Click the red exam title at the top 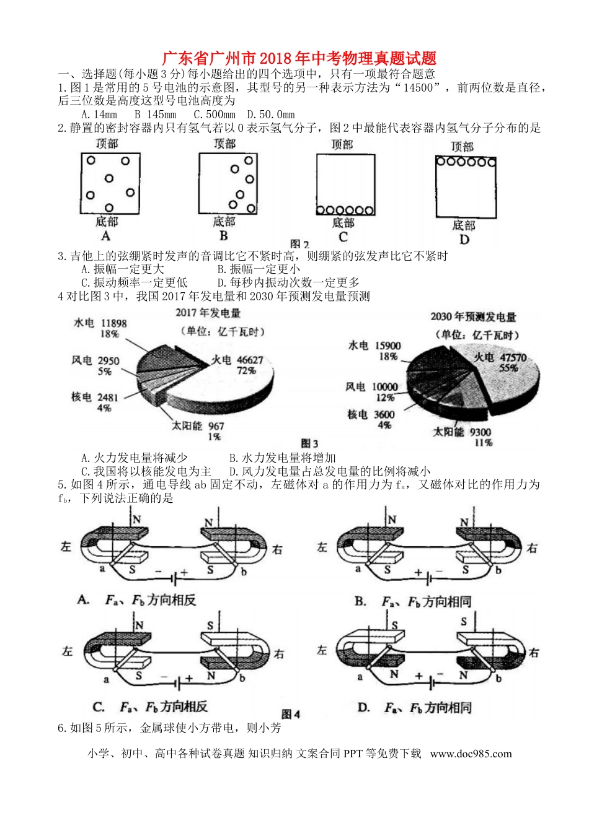299,59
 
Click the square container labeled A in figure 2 110,183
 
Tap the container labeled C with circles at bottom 345,185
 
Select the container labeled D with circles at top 466,186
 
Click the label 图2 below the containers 299,244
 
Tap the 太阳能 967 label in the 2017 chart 198,426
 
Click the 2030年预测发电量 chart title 473,317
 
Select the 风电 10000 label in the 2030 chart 372,387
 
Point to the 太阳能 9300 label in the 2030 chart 462,432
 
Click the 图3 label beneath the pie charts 309,443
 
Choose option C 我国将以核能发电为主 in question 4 146,471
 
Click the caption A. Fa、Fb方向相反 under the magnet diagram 137,599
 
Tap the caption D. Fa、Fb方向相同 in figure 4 415,707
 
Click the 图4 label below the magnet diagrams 291,714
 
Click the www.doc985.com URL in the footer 471,754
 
